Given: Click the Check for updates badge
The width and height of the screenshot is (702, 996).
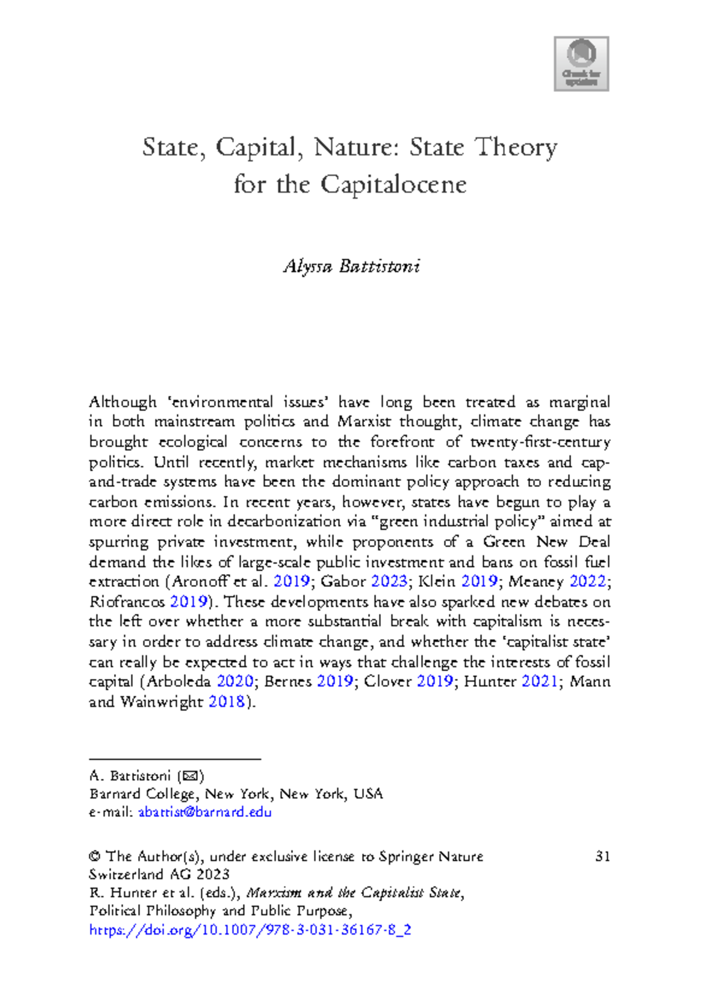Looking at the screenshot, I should [x=581, y=63].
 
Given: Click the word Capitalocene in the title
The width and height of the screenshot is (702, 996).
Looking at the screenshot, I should [x=393, y=185].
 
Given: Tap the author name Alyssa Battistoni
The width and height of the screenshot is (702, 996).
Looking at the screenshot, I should [x=352, y=267].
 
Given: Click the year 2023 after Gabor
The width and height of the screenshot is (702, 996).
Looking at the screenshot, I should [x=389, y=582].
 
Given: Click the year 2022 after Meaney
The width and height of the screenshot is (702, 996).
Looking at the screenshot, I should [x=587, y=582].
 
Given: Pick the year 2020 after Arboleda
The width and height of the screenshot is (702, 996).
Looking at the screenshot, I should [x=235, y=682].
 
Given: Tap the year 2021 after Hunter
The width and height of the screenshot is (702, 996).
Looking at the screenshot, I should [x=539, y=682].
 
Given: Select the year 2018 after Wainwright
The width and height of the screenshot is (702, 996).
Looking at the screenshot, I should [x=226, y=702].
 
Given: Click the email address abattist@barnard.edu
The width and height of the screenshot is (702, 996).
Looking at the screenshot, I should [x=205, y=812].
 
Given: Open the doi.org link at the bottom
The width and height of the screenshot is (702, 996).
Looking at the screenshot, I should [x=250, y=930].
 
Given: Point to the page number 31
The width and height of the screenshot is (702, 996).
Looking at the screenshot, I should [x=603, y=857].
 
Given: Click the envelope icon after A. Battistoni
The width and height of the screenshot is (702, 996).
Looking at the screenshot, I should [x=190, y=777].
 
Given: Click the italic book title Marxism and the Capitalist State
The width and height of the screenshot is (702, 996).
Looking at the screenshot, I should [x=355, y=893].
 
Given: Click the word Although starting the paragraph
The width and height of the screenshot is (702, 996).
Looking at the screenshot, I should [x=122, y=402].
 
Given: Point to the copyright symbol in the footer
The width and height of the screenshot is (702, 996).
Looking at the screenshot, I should [x=95, y=857].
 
